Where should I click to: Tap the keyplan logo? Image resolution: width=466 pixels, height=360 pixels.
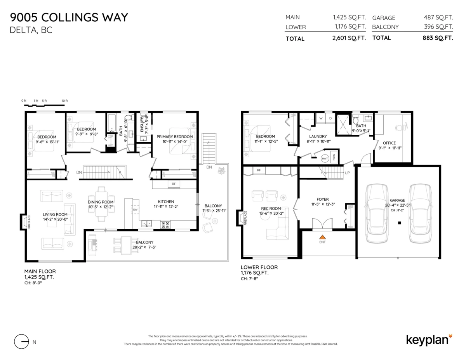(429, 339)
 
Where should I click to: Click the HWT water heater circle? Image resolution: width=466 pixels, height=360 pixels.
(325, 158)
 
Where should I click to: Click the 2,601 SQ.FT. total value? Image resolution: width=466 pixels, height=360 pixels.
(349, 38)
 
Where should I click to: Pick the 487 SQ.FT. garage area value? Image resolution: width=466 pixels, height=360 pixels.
(438, 17)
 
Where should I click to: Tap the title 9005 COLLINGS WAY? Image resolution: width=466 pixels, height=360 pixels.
(69, 17)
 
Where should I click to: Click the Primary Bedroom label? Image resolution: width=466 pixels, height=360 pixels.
(174, 137)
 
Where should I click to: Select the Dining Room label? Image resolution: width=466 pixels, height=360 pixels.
(101, 202)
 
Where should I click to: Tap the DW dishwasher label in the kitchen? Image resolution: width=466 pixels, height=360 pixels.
(135, 210)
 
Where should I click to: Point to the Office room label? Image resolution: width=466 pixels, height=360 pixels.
(389, 143)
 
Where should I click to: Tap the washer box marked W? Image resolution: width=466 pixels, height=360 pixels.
(322, 118)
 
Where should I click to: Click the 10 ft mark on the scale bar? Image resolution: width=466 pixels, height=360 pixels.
(65, 101)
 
